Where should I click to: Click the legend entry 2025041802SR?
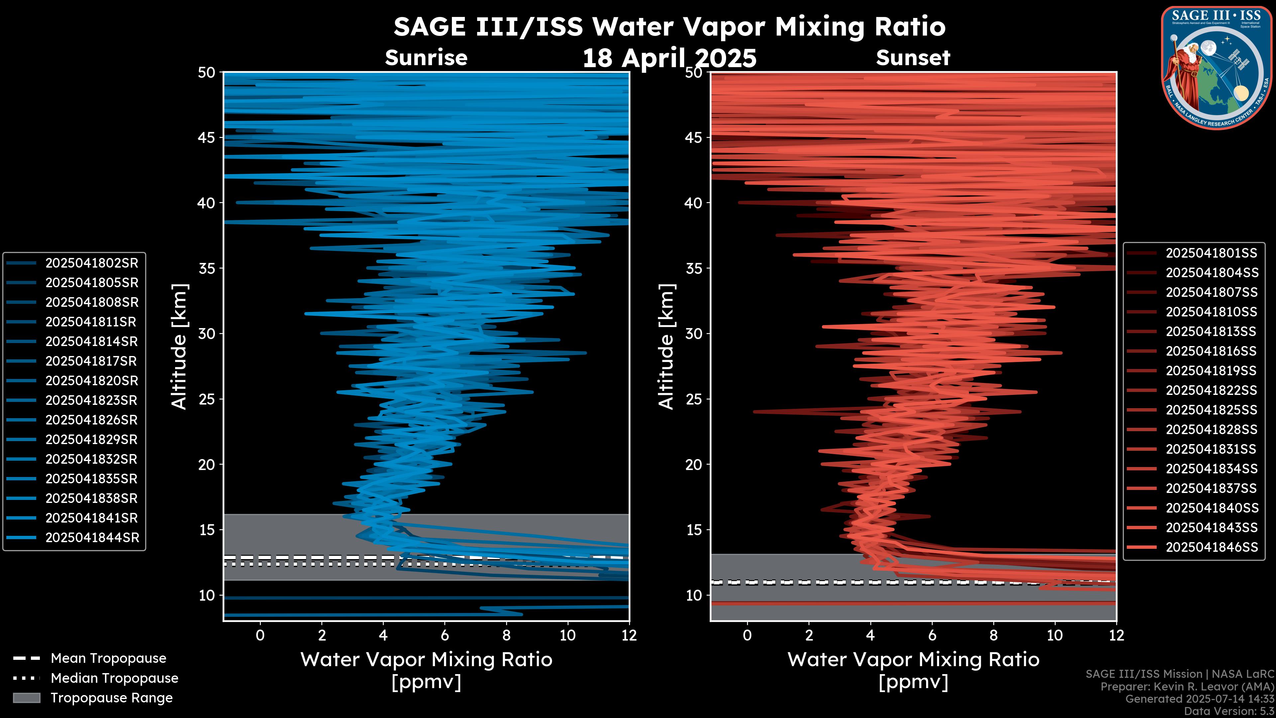(x=92, y=263)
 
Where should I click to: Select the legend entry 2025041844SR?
(x=92, y=538)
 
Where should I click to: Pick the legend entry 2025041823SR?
(x=92, y=400)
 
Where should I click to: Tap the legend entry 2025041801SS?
(x=1211, y=253)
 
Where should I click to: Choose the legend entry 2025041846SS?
(x=1212, y=547)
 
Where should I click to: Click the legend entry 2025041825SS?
(x=1211, y=410)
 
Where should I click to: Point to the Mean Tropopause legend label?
(x=108, y=658)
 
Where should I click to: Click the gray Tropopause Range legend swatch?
(x=27, y=698)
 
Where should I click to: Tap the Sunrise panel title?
(x=426, y=58)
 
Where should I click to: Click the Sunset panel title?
(x=913, y=58)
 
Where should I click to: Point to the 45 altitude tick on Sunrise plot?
(x=207, y=137)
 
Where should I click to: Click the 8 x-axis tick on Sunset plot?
(x=993, y=635)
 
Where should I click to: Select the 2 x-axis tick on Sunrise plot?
(x=321, y=635)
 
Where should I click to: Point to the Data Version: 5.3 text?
(x=1229, y=711)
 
